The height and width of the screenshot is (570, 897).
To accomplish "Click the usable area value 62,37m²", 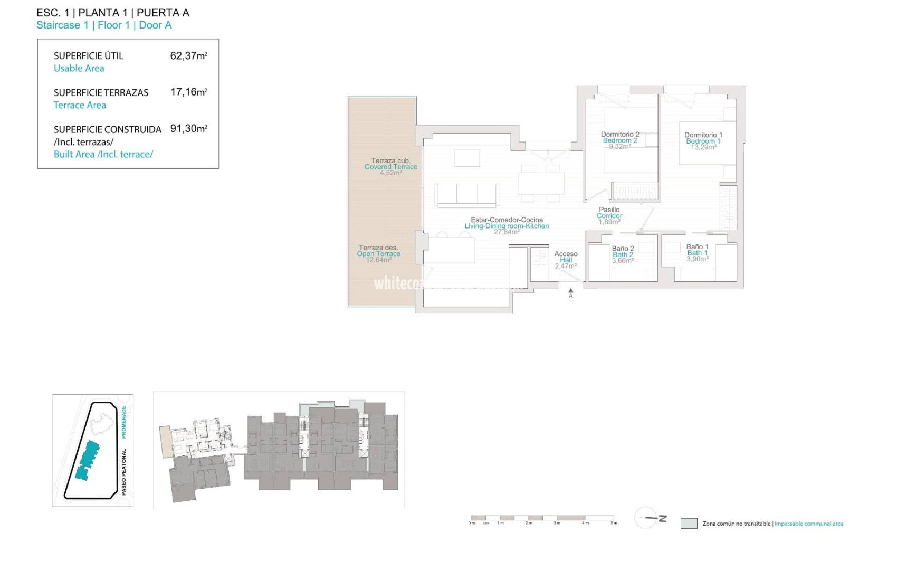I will click(188, 55).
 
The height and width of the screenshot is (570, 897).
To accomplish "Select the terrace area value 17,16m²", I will click(188, 92).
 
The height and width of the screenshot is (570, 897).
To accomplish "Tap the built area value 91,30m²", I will click(188, 128).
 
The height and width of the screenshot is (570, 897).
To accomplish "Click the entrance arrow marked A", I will click(570, 291).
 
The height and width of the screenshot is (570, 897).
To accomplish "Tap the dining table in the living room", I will click(540, 183).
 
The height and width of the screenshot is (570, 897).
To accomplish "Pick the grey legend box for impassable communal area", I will click(689, 524).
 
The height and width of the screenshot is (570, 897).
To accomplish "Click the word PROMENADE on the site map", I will click(124, 422).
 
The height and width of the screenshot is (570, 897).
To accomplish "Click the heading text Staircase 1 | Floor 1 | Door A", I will click(104, 25).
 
